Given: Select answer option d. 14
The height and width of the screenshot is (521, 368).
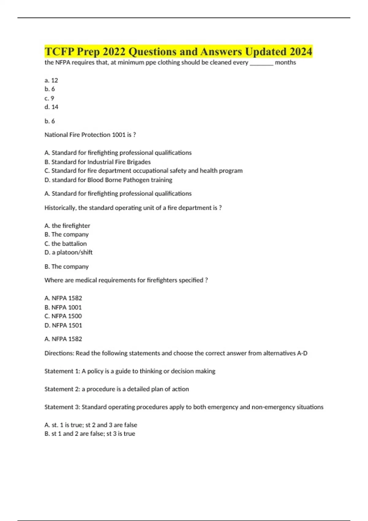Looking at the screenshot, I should click(x=51, y=107).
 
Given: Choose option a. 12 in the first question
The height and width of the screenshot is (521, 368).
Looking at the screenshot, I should click(x=51, y=80).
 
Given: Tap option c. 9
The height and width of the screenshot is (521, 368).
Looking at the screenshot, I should click(x=49, y=98).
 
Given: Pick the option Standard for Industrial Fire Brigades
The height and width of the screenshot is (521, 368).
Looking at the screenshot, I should click(x=98, y=162).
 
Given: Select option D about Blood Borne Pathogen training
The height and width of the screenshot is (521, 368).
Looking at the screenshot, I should click(x=108, y=180).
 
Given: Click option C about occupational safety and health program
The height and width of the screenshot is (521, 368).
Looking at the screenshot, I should click(x=143, y=171).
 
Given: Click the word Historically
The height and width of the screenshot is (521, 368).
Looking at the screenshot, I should click(x=60, y=208).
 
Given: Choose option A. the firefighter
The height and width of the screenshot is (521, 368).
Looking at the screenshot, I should click(x=67, y=226).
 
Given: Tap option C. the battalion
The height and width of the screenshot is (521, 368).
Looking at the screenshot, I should click(x=66, y=244).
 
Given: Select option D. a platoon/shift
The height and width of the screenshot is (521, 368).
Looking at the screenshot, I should click(x=68, y=253).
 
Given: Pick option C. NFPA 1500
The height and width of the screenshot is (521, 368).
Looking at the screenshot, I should click(x=63, y=316).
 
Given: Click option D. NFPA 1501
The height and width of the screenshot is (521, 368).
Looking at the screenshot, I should click(x=63, y=325).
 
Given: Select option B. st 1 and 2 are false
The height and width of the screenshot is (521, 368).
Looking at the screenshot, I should click(x=90, y=434).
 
